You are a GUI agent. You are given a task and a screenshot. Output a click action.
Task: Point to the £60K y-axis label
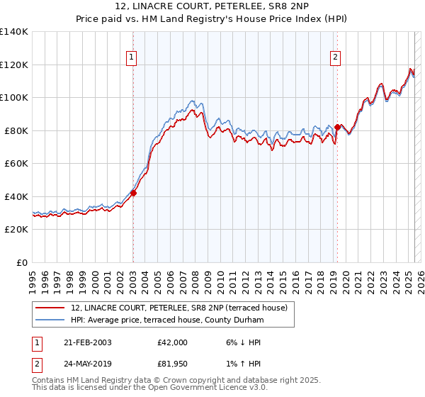coord(16,163)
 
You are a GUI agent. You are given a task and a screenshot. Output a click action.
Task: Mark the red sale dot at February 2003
coord(133,193)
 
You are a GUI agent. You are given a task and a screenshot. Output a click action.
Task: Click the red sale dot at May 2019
coord(337,127)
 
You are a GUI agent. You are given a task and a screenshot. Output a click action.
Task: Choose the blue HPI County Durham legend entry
coord(166,320)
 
